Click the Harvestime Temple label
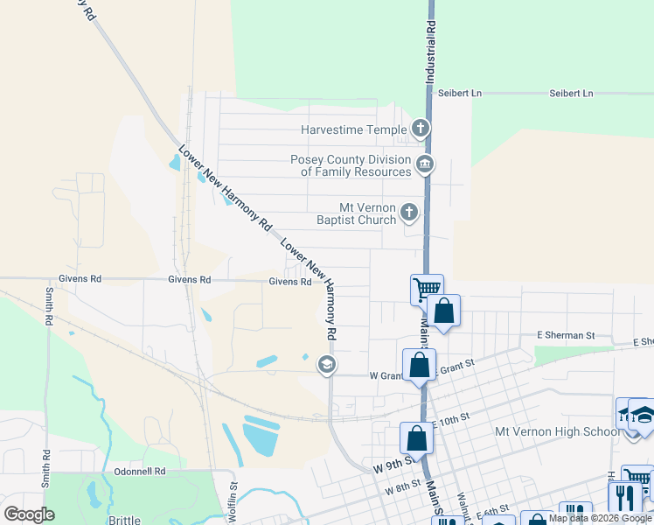(x=353, y=129)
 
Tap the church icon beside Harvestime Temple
(x=421, y=129)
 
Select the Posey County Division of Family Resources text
(x=356, y=165)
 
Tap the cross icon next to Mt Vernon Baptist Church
(x=409, y=212)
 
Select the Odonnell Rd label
(x=139, y=471)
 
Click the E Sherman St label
(x=566, y=335)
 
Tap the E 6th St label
(x=493, y=510)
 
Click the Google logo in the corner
(x=30, y=514)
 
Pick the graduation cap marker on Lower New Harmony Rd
(x=327, y=364)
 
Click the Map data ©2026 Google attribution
(x=600, y=518)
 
